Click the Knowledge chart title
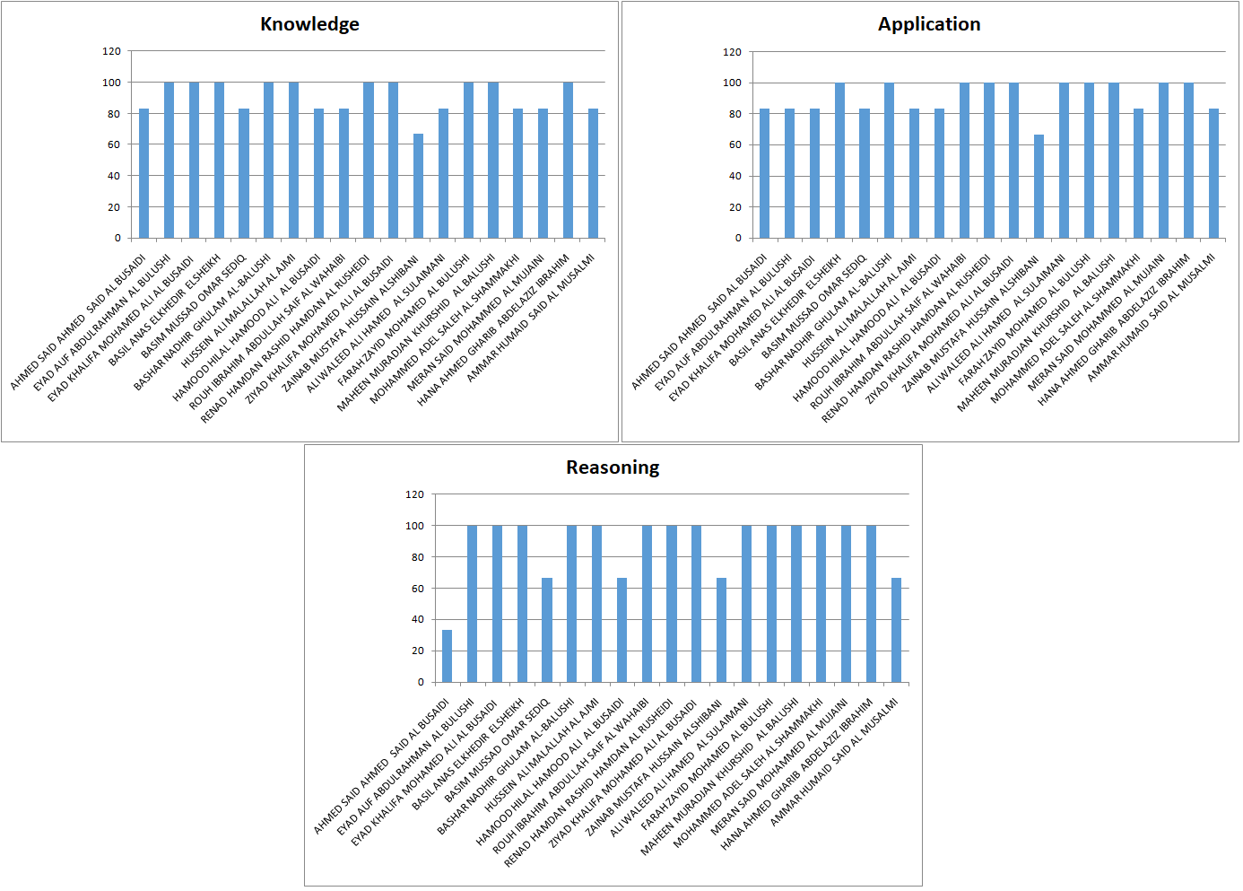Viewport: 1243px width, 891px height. click(x=309, y=24)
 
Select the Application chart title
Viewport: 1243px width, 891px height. click(x=929, y=24)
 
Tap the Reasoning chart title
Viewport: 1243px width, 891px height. click(x=613, y=467)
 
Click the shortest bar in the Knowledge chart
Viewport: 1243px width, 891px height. click(x=418, y=186)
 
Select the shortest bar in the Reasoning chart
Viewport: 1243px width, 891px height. click(x=447, y=656)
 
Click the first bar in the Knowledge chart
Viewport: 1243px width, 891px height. click(x=143, y=173)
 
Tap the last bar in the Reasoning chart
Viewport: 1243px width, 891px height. click(x=896, y=630)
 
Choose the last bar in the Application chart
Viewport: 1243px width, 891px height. click(x=1213, y=173)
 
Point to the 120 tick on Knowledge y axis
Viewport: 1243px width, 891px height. click(x=111, y=51)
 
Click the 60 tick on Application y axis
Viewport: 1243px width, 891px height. click(x=735, y=144)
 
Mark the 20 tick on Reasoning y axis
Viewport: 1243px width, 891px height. click(x=418, y=651)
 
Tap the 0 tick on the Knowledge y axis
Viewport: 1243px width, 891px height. click(x=117, y=238)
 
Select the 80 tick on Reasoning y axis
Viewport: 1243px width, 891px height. click(x=418, y=557)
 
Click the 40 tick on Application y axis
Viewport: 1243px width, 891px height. click(x=735, y=176)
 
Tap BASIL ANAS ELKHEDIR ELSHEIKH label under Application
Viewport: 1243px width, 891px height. click(x=786, y=310)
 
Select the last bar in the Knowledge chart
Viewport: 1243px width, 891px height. click(x=593, y=173)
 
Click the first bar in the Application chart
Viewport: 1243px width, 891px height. click(x=764, y=173)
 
